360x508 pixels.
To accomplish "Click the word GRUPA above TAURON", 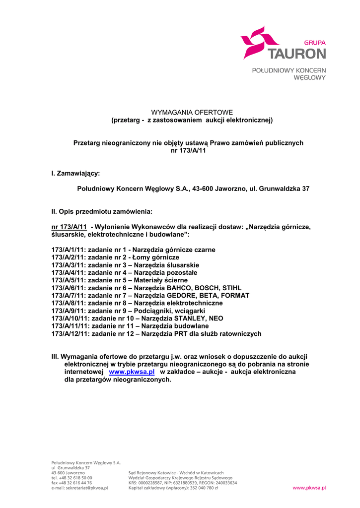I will click(x=314, y=43).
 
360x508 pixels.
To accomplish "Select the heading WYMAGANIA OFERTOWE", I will click(x=192, y=113).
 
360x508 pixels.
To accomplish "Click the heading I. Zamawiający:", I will click(x=75, y=173).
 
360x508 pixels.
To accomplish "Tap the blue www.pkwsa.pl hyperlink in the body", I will click(x=132, y=372).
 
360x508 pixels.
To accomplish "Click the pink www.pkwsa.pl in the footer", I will click(x=309, y=488).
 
